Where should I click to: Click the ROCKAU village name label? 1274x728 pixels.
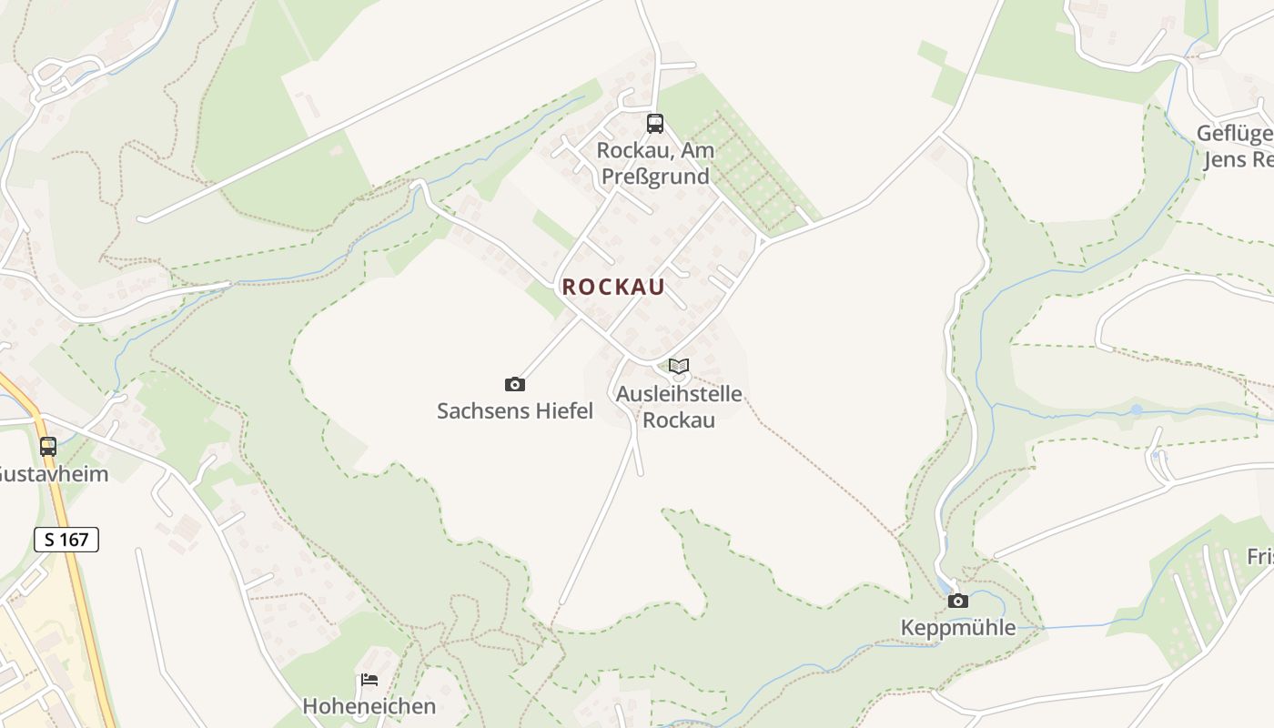613,287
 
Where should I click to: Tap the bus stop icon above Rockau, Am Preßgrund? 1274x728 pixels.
655,124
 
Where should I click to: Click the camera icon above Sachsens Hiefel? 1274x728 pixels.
515,385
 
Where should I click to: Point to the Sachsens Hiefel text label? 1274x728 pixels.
515,411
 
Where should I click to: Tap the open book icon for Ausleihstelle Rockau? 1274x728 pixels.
679,367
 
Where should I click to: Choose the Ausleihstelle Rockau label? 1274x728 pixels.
679,407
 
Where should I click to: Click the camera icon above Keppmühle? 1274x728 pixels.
957,601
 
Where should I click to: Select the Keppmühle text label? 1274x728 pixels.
957,628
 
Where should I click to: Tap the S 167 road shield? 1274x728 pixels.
66,540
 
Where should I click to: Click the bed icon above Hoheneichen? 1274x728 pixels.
369,680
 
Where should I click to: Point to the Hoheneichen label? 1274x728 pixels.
369,706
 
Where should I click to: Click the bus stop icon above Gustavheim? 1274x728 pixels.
48,447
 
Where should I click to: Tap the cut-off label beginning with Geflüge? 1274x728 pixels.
1235,134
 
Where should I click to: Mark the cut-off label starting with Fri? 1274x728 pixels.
1259,556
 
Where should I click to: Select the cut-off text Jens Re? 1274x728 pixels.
1238,160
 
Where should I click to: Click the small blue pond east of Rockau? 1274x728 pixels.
1136,410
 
